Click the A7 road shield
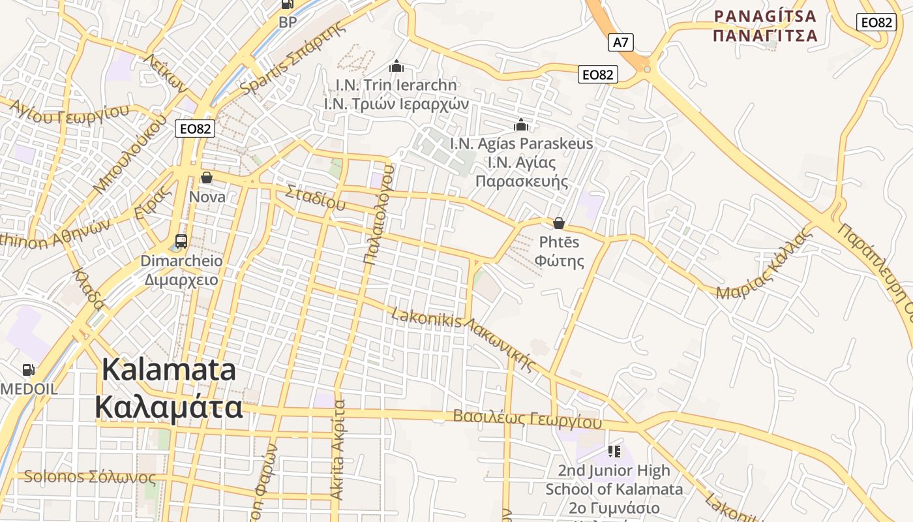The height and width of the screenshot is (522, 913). click(x=621, y=43)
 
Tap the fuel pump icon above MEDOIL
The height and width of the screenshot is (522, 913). click(x=29, y=370)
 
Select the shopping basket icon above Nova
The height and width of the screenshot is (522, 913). click(x=207, y=177)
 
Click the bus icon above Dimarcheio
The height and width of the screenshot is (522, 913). click(x=181, y=241)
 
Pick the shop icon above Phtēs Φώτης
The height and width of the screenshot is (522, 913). click(x=559, y=223)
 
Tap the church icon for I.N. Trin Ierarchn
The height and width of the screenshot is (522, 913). click(x=396, y=66)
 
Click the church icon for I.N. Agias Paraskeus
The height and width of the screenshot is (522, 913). click(x=521, y=125)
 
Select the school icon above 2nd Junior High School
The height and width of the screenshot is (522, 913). click(x=614, y=451)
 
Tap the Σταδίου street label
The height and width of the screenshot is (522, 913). click(x=315, y=196)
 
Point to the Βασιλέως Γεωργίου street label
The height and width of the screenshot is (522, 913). click(x=527, y=419)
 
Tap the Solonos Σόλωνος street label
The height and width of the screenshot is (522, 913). click(x=90, y=476)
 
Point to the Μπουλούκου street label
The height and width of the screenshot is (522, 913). click(x=130, y=155)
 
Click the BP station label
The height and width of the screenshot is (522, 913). click(x=288, y=22)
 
